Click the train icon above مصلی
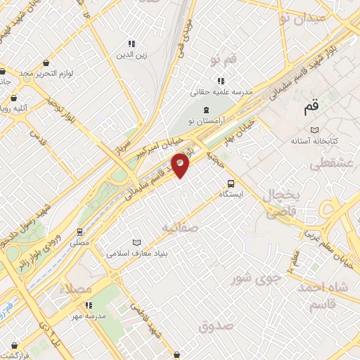[79, 231]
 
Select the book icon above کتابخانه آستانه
[314, 130]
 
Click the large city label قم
[311, 108]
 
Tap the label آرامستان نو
[205, 122]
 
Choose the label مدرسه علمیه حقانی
[221, 92]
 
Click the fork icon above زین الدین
[131, 44]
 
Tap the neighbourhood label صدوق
[214, 326]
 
